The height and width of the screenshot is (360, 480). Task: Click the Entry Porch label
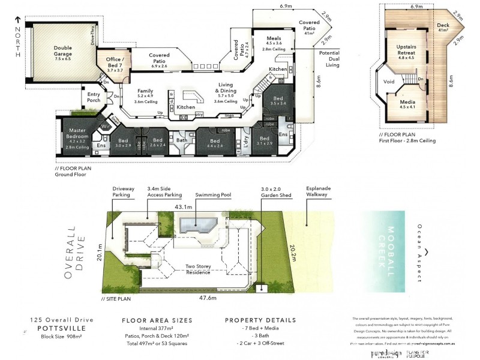tap(94, 97)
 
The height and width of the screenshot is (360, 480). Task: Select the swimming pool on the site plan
tap(199, 226)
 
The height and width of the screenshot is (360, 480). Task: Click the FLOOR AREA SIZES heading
tap(157, 320)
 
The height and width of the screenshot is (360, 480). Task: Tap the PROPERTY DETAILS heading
tap(260, 320)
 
